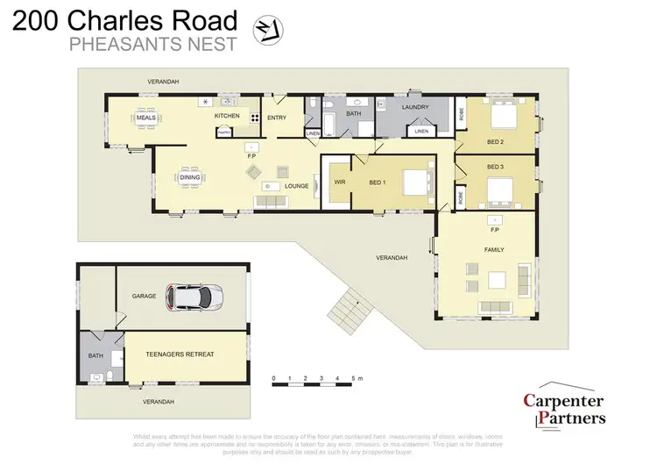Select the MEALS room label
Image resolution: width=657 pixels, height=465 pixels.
pos(145,118)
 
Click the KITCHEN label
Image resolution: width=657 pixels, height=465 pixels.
pos(227,116)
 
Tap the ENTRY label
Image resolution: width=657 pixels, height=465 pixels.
pos(277,118)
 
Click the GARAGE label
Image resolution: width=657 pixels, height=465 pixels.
pos(144,296)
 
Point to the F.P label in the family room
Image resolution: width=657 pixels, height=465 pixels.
pos(494,230)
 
